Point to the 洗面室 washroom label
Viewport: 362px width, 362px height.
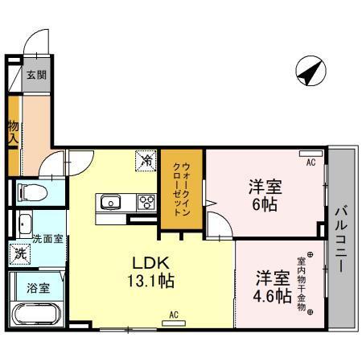pyautogui.click(x=47, y=239)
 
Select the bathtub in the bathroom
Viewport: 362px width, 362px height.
pyautogui.click(x=36, y=311)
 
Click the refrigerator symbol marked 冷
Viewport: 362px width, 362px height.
pyautogui.click(x=147, y=160)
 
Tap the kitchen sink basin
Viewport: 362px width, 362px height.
pyautogui.click(x=109, y=201)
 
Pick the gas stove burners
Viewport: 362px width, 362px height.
pyautogui.click(x=146, y=202)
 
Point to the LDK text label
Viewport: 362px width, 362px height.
pyautogui.click(x=150, y=263)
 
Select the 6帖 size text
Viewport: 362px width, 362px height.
pyautogui.click(x=265, y=205)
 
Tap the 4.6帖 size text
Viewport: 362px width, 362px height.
pyautogui.click(x=274, y=296)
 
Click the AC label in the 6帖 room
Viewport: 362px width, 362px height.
pyautogui.click(x=310, y=161)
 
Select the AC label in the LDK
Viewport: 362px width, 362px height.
pyautogui.click(x=173, y=314)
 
